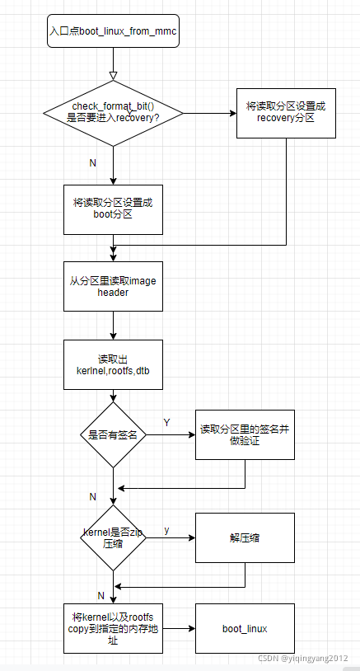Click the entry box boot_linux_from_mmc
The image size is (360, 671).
click(113, 30)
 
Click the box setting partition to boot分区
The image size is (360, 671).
click(113, 209)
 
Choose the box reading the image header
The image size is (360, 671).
click(113, 286)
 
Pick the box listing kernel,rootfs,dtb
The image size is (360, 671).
click(113, 364)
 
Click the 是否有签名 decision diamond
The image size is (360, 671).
click(113, 434)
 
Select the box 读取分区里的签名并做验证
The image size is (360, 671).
click(245, 434)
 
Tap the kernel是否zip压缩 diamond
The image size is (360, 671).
click(113, 537)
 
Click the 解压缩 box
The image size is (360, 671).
click(245, 537)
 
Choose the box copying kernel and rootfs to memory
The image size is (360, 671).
click(113, 628)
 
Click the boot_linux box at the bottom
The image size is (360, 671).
click(245, 628)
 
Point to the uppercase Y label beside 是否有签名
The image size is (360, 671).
click(166, 422)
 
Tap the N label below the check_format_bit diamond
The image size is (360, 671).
click(92, 162)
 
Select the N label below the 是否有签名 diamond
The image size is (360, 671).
click(92, 496)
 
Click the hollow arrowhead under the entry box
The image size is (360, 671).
click(113, 76)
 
